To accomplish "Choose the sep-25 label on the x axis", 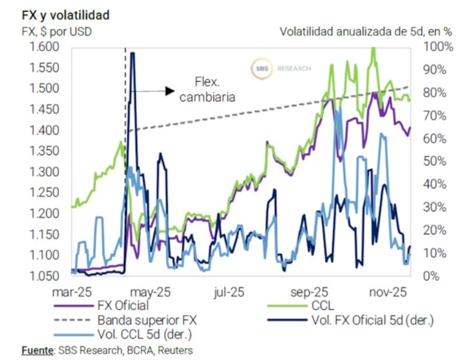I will [x=310, y=290].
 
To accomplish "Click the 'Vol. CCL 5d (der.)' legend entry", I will [x=139, y=334].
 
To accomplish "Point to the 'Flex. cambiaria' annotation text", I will [x=207, y=90].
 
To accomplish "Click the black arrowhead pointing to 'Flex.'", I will [x=170, y=90].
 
